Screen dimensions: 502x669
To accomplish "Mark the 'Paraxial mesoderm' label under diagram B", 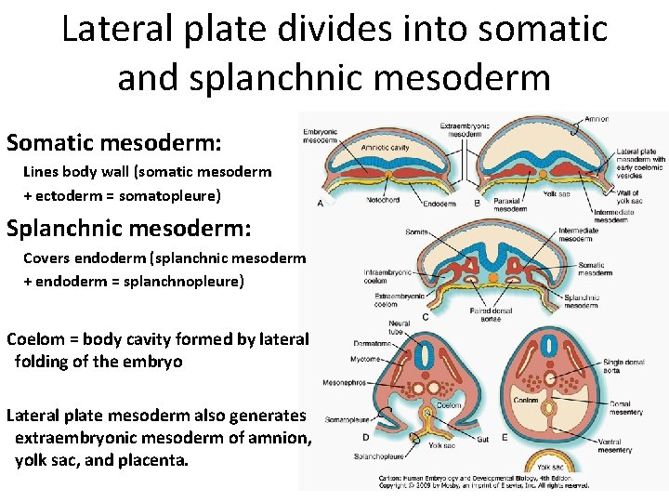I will (x=510, y=205).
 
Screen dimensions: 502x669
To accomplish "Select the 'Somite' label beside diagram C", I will (x=417, y=231).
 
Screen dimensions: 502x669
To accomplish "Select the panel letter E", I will (x=504, y=437).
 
